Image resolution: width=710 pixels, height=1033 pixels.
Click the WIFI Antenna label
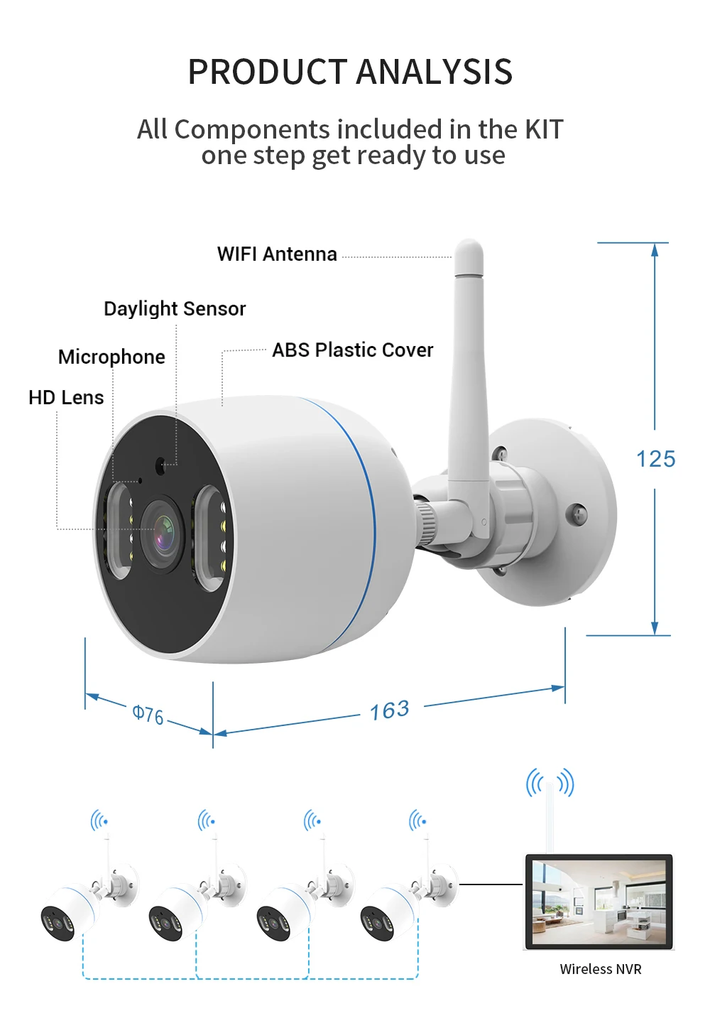click(x=277, y=254)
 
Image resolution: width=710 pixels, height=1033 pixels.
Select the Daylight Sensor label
click(x=175, y=309)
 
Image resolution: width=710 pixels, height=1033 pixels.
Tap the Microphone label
click(x=111, y=357)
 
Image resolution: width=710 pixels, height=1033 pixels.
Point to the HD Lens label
click(x=66, y=398)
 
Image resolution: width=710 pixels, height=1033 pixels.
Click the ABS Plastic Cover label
click(x=352, y=350)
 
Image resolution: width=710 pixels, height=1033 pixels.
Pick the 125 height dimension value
click(x=655, y=460)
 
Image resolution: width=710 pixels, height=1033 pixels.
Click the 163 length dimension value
click(x=390, y=710)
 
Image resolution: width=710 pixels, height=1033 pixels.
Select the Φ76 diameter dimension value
click(x=148, y=714)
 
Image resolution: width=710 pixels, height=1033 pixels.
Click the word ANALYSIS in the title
click(x=434, y=72)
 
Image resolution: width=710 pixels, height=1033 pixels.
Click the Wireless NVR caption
click(x=601, y=969)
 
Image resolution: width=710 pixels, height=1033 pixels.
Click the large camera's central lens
click(x=162, y=534)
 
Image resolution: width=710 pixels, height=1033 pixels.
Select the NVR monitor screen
click(x=599, y=902)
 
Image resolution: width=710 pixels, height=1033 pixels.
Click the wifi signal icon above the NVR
click(x=550, y=783)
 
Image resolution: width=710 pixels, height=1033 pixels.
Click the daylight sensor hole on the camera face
click(x=160, y=465)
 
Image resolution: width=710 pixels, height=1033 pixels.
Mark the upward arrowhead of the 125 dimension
click(x=655, y=249)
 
